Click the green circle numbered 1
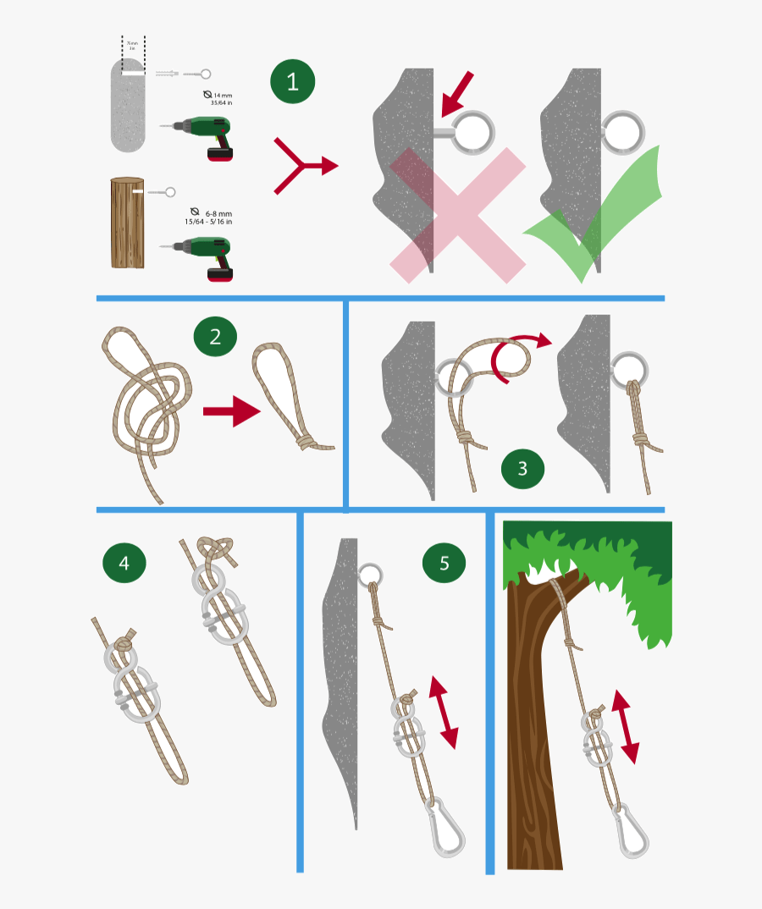(x=293, y=82)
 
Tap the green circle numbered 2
(x=215, y=337)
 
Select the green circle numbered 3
(x=522, y=468)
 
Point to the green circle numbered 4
(x=124, y=563)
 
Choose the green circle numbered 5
(x=444, y=563)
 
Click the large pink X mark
(x=458, y=215)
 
